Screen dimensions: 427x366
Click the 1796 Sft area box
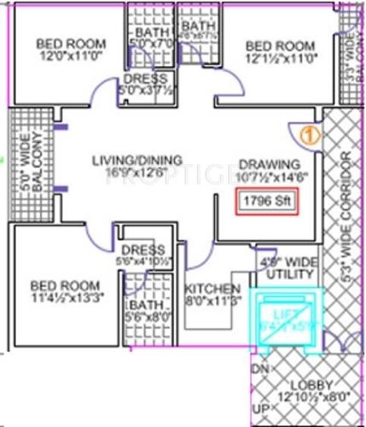[268, 203]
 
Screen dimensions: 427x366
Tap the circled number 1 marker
[310, 134]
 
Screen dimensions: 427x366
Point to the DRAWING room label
[269, 164]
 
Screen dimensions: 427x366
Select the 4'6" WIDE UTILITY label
[279, 262]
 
